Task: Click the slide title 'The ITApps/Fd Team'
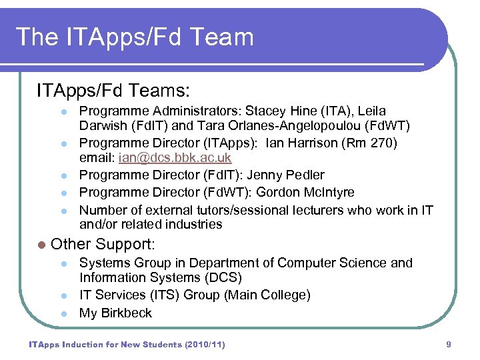pyautogui.click(x=135, y=37)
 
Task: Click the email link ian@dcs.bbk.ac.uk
pyautogui.click(x=175, y=158)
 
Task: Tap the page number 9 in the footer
pyautogui.click(x=449, y=345)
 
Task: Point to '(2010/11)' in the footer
pyautogui.click(x=201, y=345)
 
